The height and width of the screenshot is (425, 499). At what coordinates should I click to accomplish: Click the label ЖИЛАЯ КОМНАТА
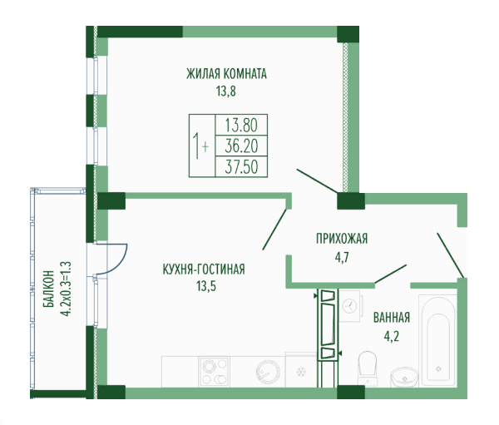click(226, 74)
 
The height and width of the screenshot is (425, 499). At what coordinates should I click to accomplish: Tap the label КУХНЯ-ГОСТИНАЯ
click(204, 269)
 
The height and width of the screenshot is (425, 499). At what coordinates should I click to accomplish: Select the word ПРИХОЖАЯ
click(342, 239)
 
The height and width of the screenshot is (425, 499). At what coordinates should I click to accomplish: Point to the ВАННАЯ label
click(392, 318)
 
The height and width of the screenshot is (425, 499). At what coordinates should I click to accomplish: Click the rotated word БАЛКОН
click(48, 289)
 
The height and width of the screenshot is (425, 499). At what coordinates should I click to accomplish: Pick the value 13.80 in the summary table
click(241, 125)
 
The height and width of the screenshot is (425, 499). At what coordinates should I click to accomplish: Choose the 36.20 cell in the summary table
click(241, 146)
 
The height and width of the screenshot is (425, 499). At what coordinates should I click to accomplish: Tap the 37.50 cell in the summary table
click(241, 167)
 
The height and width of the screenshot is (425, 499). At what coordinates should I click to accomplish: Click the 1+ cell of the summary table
click(201, 146)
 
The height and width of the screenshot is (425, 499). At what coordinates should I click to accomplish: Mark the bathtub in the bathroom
click(438, 340)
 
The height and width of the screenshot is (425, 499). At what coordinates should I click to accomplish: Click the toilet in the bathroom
click(368, 368)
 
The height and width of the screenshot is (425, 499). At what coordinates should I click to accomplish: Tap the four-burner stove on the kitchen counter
click(214, 372)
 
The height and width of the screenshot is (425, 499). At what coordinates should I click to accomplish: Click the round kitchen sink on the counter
click(269, 372)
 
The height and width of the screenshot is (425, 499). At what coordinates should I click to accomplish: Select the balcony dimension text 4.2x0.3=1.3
click(67, 289)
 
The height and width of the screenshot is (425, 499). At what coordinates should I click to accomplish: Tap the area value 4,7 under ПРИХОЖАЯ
click(342, 257)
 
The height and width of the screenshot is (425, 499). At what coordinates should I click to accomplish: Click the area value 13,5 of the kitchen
click(206, 286)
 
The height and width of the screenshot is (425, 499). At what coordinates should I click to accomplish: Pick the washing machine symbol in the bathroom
click(350, 306)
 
